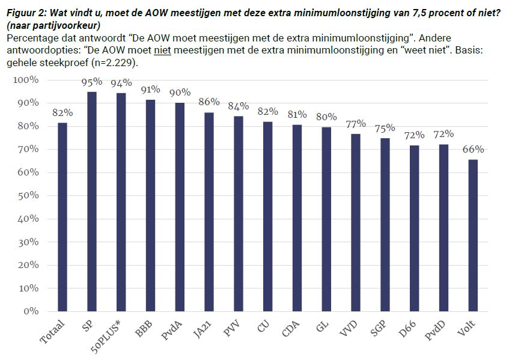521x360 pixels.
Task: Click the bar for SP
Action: point(92,201)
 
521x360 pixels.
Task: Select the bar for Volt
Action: point(474,236)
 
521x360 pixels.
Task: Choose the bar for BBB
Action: point(150,206)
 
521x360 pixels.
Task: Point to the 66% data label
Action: point(474,150)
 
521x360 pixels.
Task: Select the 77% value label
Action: point(356,124)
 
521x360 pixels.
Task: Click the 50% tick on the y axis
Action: point(26,196)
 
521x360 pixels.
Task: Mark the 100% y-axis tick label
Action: point(25,80)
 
